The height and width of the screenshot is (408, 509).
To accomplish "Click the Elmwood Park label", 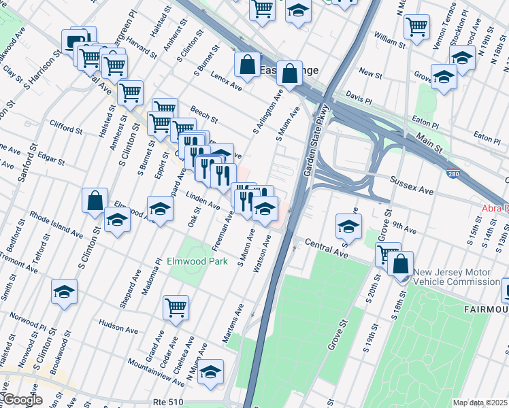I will pyautogui.click(x=197, y=261).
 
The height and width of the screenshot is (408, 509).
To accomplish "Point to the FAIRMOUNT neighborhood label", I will pyautogui.click(x=484, y=309).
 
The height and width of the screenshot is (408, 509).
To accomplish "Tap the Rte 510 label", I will pyautogui.click(x=169, y=402).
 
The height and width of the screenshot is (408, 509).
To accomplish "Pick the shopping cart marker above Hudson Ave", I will pyautogui.click(x=176, y=308).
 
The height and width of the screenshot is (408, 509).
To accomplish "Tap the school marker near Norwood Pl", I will pyautogui.click(x=65, y=292).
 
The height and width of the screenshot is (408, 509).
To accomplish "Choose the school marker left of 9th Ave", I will pyautogui.click(x=348, y=226).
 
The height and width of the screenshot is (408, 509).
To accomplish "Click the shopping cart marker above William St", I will pyautogui.click(x=416, y=27).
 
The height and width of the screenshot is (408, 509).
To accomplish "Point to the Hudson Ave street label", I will pyautogui.click(x=118, y=326).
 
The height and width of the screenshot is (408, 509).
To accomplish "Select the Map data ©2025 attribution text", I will pyautogui.click(x=480, y=403).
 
